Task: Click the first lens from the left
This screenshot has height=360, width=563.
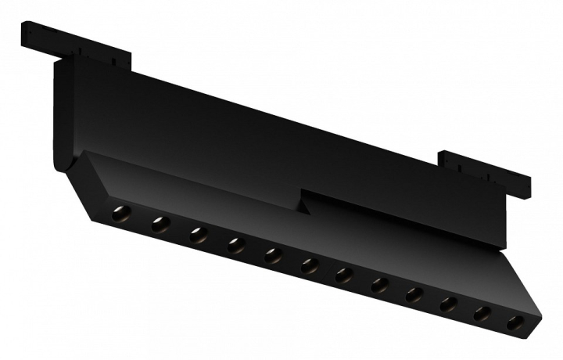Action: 120,213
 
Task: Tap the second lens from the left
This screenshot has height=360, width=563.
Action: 160,225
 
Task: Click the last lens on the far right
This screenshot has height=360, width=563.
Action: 515,322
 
